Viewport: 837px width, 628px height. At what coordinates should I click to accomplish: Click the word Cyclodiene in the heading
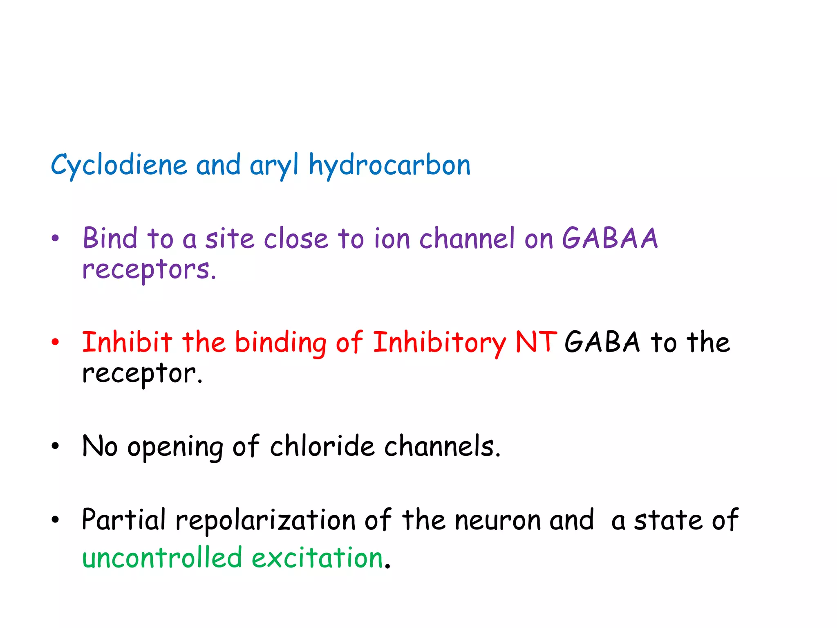pos(119,165)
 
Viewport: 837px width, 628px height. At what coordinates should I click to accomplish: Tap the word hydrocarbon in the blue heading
pos(389,165)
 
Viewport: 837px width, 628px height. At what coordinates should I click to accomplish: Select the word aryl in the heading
pos(274,165)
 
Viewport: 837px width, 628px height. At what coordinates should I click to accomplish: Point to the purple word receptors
pos(149,270)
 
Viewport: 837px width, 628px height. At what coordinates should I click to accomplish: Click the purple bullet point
pos(56,238)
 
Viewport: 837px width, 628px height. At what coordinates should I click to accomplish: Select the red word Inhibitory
pos(439,343)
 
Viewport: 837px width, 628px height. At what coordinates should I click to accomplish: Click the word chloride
pos(322,446)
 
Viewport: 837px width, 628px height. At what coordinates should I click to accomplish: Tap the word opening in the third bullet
pos(175,447)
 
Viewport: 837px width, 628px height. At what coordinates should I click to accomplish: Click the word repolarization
pos(266,520)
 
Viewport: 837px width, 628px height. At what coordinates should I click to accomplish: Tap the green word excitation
pos(317,558)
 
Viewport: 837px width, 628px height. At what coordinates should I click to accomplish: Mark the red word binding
pos(280,343)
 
